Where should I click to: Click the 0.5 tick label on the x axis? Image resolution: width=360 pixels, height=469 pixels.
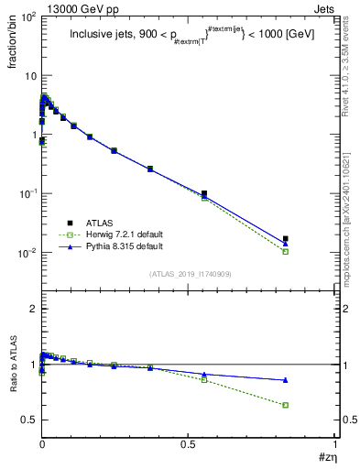click(x=188, y=445)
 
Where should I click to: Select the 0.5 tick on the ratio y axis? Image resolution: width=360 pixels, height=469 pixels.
click(x=27, y=420)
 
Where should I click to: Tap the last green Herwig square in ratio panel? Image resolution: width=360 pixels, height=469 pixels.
click(x=286, y=405)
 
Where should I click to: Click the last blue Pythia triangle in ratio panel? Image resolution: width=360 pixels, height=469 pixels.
click(x=286, y=380)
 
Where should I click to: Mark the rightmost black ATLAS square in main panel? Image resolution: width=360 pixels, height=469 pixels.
click(x=286, y=239)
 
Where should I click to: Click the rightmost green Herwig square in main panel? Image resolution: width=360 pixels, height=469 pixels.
click(x=286, y=251)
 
